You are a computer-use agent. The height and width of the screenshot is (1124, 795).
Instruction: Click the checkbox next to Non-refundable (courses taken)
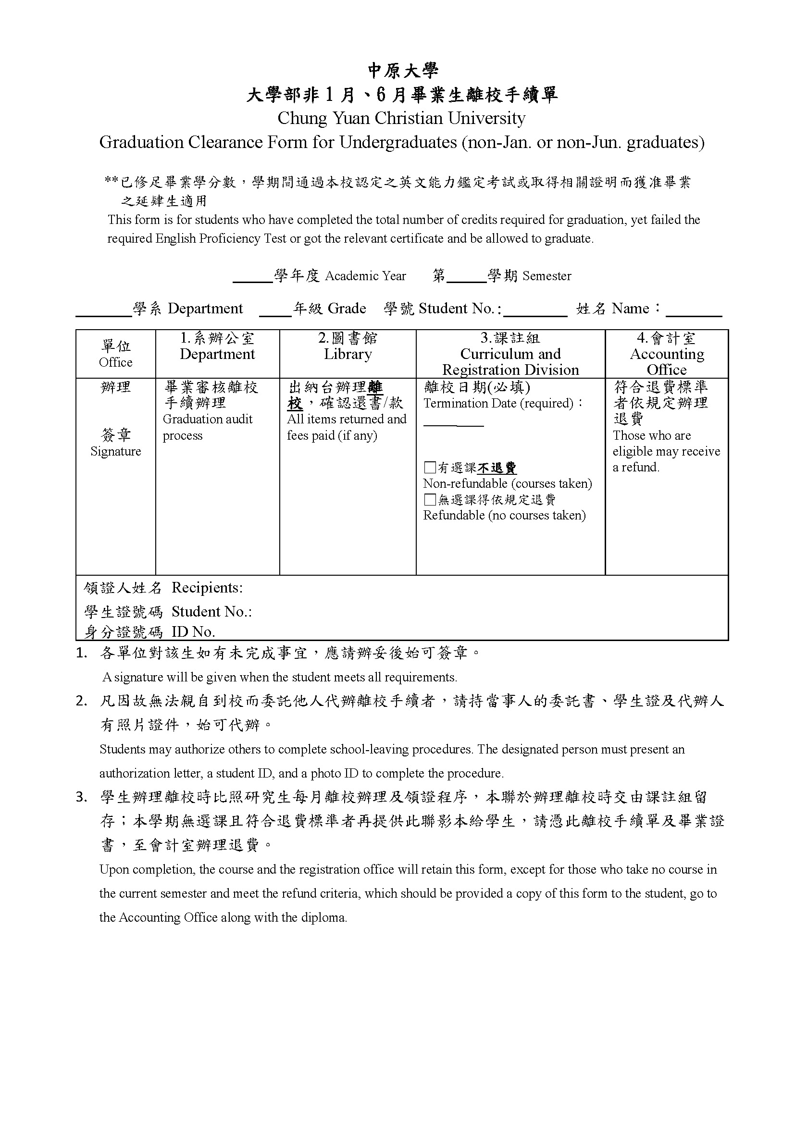[x=430, y=468]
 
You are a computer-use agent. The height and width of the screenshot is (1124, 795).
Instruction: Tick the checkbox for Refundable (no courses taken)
[x=430, y=499]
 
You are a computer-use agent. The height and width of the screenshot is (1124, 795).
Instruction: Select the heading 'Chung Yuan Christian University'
[x=401, y=118]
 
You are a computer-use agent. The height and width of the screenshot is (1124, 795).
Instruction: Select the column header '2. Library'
[x=348, y=346]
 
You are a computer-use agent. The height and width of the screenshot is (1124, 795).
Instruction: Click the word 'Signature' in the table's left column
[x=115, y=451]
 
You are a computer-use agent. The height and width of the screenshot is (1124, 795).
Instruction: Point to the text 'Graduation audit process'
[x=208, y=427]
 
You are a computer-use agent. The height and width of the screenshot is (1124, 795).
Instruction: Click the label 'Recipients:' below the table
[x=207, y=587]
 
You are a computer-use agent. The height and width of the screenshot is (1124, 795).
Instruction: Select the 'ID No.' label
[x=193, y=632]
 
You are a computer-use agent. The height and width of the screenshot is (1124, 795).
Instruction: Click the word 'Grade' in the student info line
[x=347, y=309]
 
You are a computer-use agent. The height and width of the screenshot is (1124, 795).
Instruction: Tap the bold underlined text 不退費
[x=497, y=468]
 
